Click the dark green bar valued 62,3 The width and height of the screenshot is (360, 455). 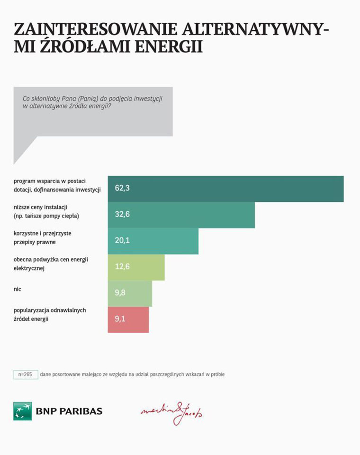click(225, 189)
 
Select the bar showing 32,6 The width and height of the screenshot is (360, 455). click(181, 215)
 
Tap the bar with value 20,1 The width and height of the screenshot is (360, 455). click(153, 241)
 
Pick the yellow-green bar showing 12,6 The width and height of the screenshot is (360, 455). click(136, 267)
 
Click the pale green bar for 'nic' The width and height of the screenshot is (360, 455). click(130, 293)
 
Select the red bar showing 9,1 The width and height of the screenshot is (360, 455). click(128, 319)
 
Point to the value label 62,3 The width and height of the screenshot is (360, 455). click(122, 188)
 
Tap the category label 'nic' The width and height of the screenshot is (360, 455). click(18, 289)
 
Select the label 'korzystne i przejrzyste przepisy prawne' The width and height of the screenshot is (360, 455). click(42, 237)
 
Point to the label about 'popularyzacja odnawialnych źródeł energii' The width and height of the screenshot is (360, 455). click(50, 315)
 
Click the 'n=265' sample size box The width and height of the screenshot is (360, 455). click(26, 374)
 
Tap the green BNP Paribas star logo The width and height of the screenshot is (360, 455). click(22, 411)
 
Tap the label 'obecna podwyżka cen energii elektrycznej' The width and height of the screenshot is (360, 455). click(51, 263)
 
